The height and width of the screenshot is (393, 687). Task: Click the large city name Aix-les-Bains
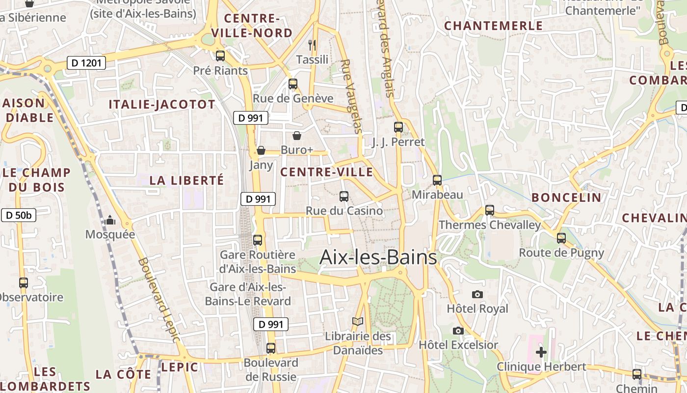378,257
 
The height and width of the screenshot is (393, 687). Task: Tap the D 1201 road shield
86,63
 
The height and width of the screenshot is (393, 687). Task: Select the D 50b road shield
19,215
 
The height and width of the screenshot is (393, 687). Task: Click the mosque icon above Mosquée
110,220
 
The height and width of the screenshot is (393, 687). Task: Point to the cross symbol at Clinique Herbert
541,352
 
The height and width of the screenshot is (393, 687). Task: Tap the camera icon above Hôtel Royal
477,294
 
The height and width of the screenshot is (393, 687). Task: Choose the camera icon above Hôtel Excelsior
458,331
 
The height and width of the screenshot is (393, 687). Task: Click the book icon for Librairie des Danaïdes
358,322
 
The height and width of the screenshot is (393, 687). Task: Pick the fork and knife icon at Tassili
312,45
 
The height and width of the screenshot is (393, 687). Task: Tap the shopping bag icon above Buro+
297,135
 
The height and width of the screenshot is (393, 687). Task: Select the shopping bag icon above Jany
261,150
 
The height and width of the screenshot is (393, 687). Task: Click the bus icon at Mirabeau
437,180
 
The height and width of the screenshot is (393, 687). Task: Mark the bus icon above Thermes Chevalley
489,210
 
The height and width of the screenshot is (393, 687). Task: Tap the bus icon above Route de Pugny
561,238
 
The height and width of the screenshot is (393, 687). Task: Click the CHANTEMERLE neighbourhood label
493,26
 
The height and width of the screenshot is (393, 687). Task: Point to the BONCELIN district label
566,197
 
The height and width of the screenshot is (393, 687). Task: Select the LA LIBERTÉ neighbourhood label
186,180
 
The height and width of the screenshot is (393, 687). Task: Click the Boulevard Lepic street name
159,300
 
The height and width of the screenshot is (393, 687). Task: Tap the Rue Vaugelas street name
351,96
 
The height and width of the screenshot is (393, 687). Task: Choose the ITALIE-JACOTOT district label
161,104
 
